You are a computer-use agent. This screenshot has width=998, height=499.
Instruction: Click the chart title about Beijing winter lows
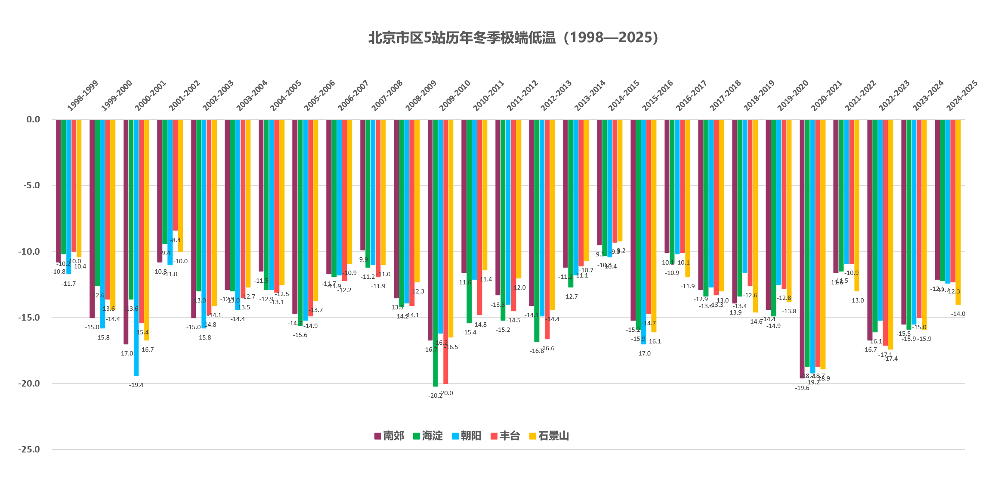[513, 38]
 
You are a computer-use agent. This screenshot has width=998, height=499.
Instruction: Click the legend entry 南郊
[389, 436]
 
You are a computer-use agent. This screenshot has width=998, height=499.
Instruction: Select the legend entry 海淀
[428, 436]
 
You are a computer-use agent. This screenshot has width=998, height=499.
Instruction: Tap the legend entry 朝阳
[467, 436]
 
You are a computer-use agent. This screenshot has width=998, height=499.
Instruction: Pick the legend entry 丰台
[505, 436]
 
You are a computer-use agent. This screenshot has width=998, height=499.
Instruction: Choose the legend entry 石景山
[549, 436]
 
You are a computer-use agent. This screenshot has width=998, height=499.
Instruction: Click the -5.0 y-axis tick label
[31, 185]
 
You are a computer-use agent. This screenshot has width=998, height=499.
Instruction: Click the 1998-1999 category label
[83, 96]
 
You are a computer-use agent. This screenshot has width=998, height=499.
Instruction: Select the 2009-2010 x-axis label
[455, 96]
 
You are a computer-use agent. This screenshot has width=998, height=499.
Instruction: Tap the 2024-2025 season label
[962, 96]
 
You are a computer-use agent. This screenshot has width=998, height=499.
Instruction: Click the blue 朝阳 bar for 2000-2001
[136, 247]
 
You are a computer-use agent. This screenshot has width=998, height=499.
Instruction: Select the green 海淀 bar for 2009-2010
[435, 253]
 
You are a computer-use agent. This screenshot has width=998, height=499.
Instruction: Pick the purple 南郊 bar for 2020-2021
[802, 249]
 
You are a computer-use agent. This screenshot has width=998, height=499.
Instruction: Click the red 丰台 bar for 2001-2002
[175, 175]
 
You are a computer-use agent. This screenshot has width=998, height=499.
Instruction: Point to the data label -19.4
[136, 385]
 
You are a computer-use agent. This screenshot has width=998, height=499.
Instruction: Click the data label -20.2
[435, 396]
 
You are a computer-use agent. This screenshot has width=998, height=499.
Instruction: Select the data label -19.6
[802, 388]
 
